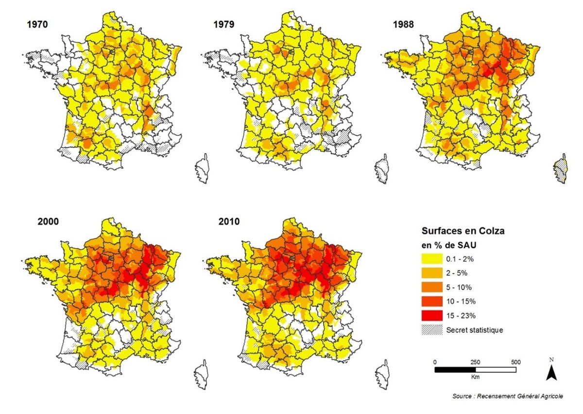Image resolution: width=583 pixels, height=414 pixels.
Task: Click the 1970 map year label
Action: [x=37, y=24]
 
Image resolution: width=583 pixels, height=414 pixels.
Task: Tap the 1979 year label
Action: [x=224, y=24]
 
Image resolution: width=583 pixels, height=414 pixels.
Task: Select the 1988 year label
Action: [x=403, y=24]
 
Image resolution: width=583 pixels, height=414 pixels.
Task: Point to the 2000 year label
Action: [x=48, y=221]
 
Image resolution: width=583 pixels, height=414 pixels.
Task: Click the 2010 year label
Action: [x=229, y=221]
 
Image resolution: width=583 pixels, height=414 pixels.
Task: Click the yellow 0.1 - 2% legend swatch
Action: [x=432, y=259]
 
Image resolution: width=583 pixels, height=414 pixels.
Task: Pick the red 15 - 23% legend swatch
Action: [x=432, y=316]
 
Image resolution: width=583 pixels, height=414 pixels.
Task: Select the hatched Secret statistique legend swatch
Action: [x=432, y=330]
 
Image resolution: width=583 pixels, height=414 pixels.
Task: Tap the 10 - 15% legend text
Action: [x=461, y=302]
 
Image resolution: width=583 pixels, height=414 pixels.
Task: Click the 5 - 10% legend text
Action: [x=459, y=288]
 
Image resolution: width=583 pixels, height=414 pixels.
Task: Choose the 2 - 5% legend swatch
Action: [x=432, y=273]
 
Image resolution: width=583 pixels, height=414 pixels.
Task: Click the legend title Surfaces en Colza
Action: [x=463, y=231]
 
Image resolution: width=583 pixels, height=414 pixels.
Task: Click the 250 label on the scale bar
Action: [x=475, y=362]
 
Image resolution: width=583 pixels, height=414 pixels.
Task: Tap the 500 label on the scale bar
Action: [x=516, y=362]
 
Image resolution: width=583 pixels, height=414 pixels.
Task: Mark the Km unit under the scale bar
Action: [x=475, y=377]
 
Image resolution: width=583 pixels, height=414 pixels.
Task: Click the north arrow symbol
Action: [x=551, y=373]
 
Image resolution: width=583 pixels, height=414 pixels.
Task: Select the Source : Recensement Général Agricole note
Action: [x=508, y=396]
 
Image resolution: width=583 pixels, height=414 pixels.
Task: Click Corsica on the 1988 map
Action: [x=561, y=169]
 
